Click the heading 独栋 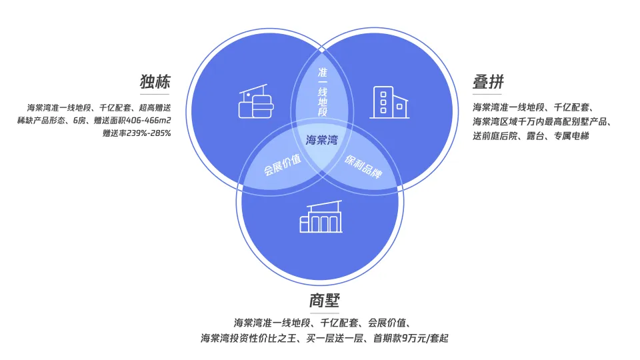[x=155, y=83]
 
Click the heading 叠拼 [x=489, y=83]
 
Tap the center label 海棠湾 [x=321, y=140]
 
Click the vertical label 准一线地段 [x=323, y=91]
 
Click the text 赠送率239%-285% [x=137, y=133]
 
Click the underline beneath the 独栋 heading [x=155, y=95]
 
